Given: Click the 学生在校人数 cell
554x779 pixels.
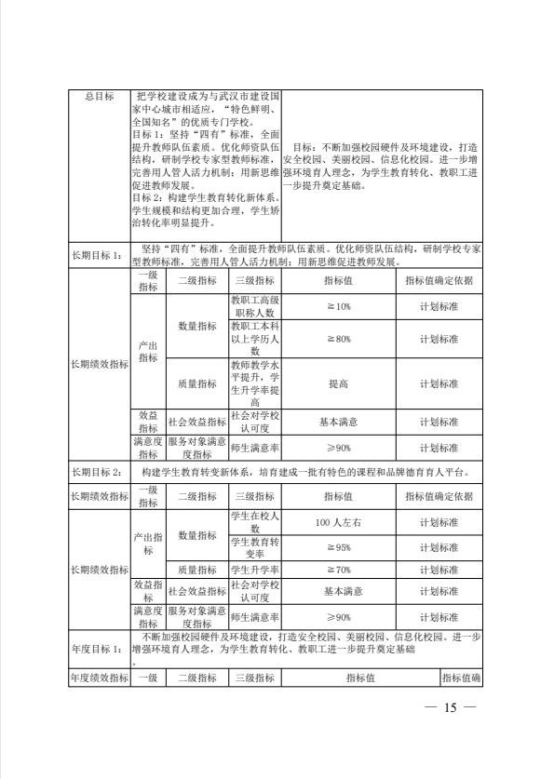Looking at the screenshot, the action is point(254,522).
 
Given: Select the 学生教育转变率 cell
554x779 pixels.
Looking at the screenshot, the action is point(254,548).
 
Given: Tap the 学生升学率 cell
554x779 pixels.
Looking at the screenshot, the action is point(254,570).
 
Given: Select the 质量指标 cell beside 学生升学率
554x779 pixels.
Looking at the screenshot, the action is point(196,570).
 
